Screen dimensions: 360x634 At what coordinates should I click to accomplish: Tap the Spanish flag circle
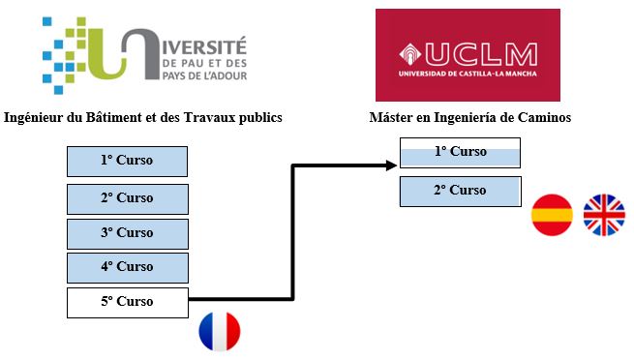553,215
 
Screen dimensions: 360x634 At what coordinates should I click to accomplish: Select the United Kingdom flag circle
605,215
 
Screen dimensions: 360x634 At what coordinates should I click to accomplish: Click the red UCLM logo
469,54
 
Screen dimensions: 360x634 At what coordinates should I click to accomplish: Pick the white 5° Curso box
127,302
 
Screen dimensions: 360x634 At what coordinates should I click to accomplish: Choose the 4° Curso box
127,267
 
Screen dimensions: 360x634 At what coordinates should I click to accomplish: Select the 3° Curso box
127,233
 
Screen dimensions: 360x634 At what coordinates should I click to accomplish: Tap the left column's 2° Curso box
127,198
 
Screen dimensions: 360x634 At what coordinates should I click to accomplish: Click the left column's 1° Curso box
127,161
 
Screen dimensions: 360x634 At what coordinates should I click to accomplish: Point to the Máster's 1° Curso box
460,153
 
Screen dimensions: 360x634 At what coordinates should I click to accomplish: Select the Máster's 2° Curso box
460,191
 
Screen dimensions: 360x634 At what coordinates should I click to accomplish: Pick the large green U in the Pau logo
134,53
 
